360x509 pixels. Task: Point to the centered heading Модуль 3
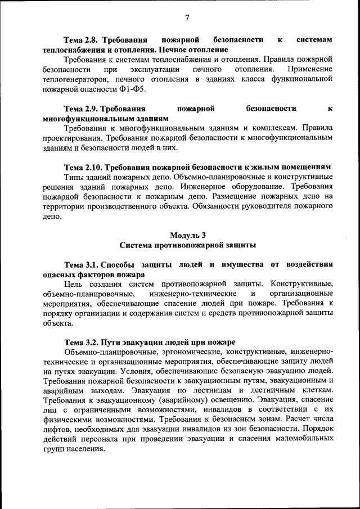tap(188, 235)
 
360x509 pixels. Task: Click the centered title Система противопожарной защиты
tap(188, 245)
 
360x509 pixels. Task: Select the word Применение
tap(309, 69)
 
